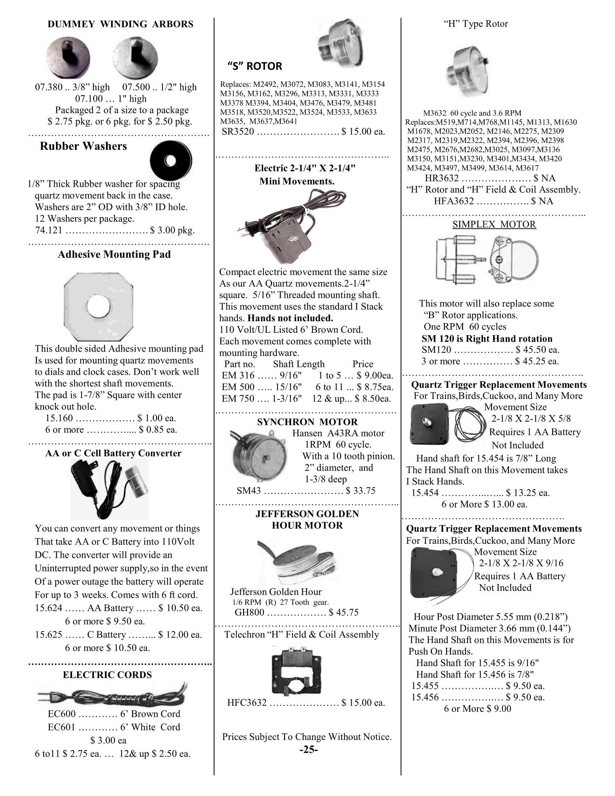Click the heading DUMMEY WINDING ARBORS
point(120,24)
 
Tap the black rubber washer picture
point(171,160)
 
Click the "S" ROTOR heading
point(255,66)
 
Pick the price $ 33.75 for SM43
point(361,491)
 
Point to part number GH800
point(249,612)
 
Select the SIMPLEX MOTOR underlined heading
point(494,224)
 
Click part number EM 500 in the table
point(233,387)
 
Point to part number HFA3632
point(454,201)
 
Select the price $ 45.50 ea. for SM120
point(537,350)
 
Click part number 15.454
point(425,493)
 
